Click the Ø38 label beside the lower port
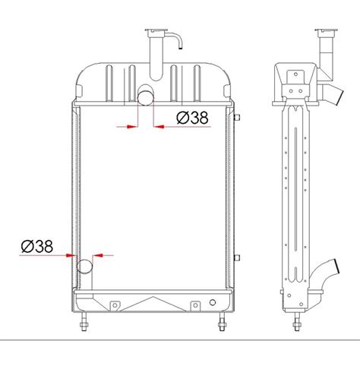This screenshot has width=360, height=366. pos(37,246)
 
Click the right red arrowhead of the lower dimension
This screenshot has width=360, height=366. pos(97,256)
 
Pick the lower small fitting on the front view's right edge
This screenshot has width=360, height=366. pos(238,251)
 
